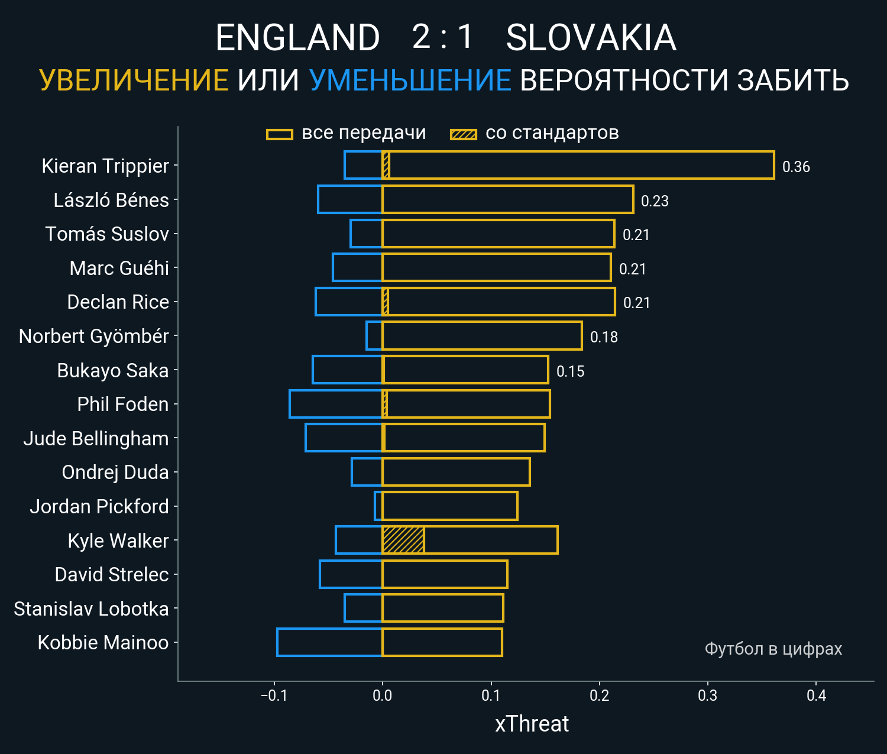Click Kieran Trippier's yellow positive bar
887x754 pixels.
580,165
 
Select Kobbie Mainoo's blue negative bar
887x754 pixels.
329,642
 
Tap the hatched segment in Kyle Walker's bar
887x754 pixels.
403,540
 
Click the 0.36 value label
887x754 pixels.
796,167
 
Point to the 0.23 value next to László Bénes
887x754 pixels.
655,201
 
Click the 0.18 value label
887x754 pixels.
604,337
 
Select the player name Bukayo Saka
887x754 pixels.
113,370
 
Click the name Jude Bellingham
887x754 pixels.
96,438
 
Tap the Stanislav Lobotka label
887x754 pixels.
91,609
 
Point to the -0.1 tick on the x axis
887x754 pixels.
274,695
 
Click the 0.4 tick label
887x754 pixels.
816,695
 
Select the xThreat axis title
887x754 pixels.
532,724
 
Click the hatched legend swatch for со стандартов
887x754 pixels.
464,134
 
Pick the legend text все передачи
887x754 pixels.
364,133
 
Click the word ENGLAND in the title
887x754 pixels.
297,38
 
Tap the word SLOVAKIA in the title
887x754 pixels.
591,38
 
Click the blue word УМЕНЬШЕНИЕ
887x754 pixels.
410,80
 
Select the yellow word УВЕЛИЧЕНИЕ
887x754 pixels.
134,80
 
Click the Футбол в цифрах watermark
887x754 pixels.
773,649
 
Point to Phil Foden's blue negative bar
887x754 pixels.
335,404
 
